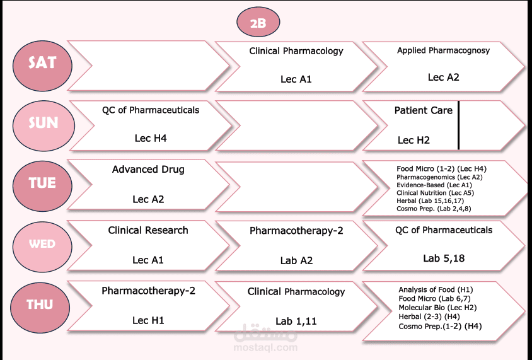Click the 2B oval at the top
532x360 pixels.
pyautogui.click(x=258, y=22)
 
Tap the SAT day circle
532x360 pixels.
pyautogui.click(x=42, y=66)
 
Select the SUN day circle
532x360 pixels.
pyautogui.click(x=43, y=126)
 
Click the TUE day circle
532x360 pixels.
pyautogui.click(x=42, y=186)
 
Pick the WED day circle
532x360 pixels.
pyautogui.click(x=42, y=247)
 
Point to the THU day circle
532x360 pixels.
pyautogui.click(x=40, y=308)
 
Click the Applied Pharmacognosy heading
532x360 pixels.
pyautogui.click(x=444, y=50)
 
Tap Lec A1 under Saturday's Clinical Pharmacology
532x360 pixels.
pyautogui.click(x=296, y=79)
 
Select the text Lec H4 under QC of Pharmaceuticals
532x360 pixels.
pyautogui.click(x=151, y=138)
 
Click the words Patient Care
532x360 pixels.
pyautogui.click(x=423, y=110)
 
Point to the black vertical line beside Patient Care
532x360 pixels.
pyautogui.click(x=458, y=125)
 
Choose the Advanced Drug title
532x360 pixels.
pyautogui.click(x=148, y=170)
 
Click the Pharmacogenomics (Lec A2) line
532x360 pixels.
pyautogui.click(x=439, y=177)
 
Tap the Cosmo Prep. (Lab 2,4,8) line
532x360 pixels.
pyautogui.click(x=434, y=209)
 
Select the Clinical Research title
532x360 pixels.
pyautogui.click(x=148, y=230)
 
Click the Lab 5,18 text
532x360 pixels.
pyautogui.click(x=444, y=258)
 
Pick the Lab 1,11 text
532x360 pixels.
pyautogui.click(x=296, y=321)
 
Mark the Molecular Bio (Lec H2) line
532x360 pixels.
pyautogui.click(x=437, y=308)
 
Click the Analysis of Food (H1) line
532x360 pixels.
pyautogui.click(x=436, y=289)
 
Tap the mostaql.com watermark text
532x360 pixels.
pyautogui.click(x=265, y=347)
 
